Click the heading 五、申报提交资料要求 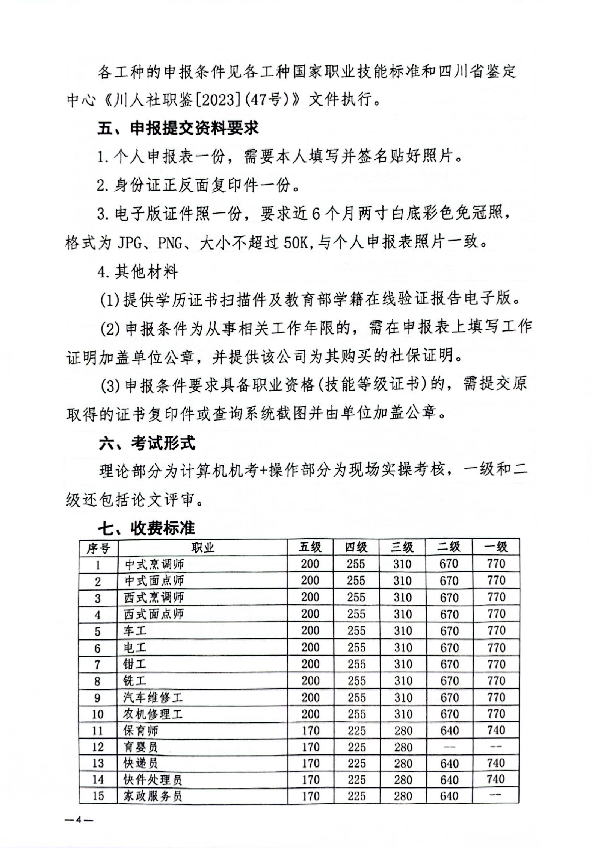click(x=178, y=129)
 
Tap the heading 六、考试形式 click(x=147, y=443)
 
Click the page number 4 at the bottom click(x=79, y=820)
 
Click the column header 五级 click(x=310, y=547)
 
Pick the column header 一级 click(x=496, y=547)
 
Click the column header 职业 click(x=202, y=548)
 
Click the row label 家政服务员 click(x=153, y=796)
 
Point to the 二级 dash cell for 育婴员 click(x=449, y=747)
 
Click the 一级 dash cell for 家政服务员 click(x=496, y=795)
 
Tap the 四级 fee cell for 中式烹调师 click(x=356, y=564)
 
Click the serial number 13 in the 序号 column click(x=98, y=763)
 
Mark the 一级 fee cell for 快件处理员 click(x=496, y=780)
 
